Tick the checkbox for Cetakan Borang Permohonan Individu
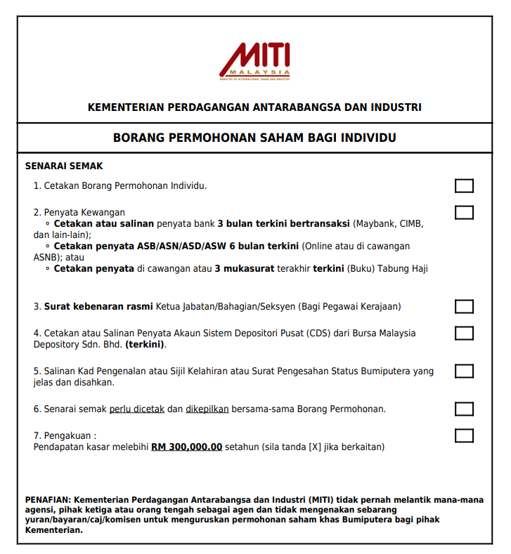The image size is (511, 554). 464,186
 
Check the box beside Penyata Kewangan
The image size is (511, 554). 464,212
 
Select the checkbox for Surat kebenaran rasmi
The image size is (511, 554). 464,307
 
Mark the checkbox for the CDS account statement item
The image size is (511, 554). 464,333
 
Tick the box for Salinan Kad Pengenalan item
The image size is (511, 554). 464,371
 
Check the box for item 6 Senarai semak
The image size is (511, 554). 464,409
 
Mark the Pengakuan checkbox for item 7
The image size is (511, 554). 464,435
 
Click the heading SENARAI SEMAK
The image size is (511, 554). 64,166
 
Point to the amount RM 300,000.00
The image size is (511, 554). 186,447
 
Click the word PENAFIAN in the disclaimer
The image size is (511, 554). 48,500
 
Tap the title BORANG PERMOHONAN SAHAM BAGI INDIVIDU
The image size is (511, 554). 254,138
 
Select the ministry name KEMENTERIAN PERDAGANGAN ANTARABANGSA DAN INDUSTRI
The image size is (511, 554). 254,107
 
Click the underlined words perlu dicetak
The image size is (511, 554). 136,409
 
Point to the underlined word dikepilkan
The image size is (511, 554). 207,409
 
